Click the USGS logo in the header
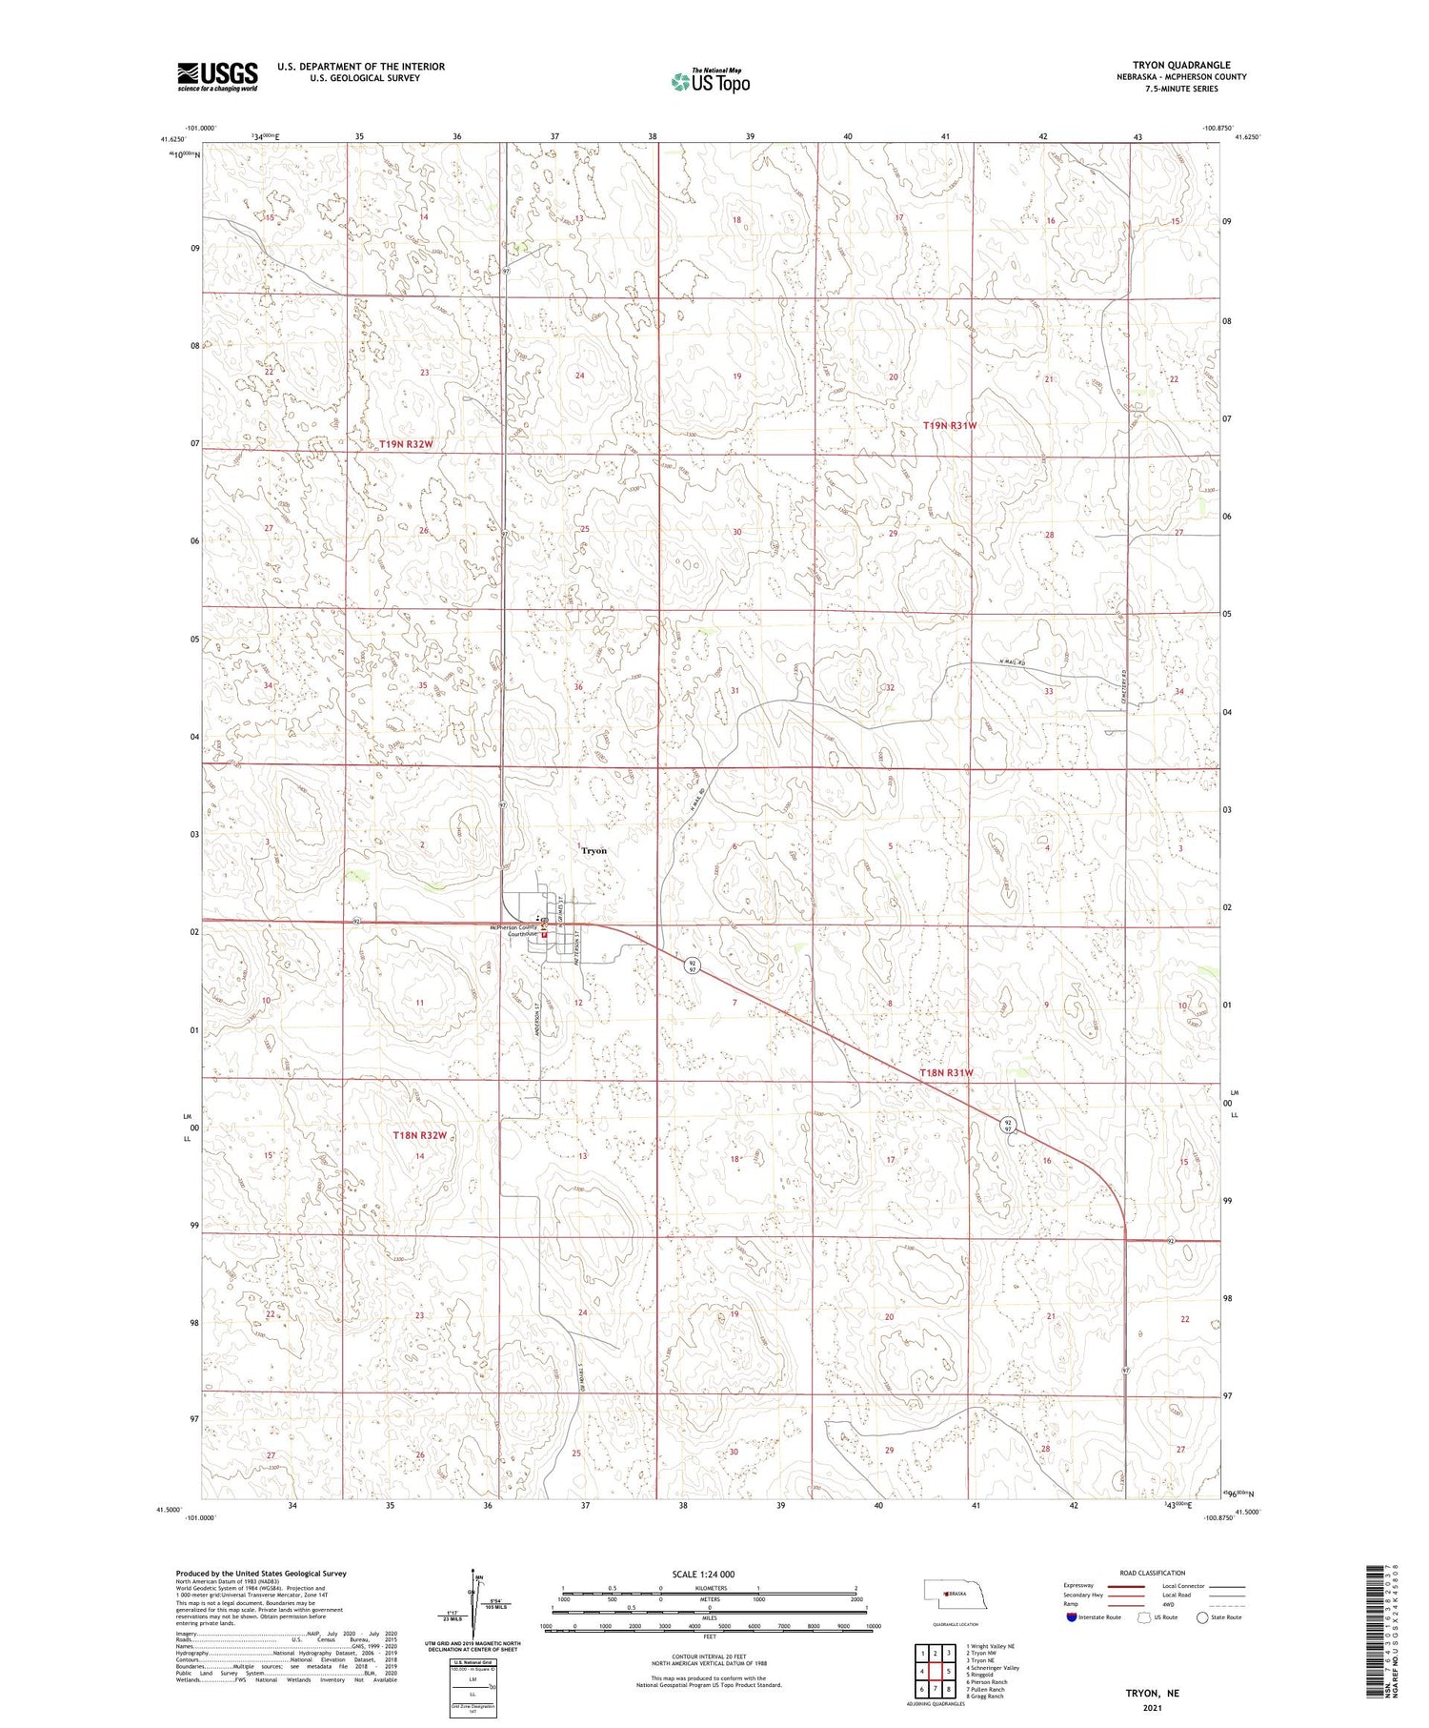(217, 76)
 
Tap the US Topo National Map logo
(710, 81)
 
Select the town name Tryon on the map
(594, 850)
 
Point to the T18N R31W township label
(946, 1073)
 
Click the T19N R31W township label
(950, 425)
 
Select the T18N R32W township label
(420, 1135)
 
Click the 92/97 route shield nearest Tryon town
(693, 965)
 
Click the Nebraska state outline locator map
(960, 1595)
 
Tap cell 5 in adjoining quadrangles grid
(949, 1671)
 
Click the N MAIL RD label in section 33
(1012, 663)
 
